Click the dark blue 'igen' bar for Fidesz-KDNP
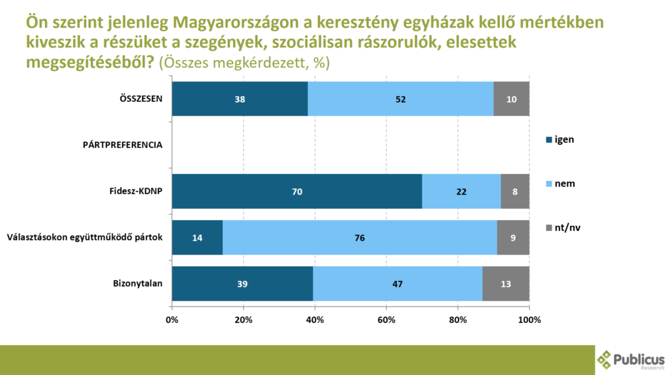[297, 191]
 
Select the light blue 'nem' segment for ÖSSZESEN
[401, 99]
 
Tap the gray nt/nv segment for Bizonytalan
[506, 284]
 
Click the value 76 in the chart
[360, 238]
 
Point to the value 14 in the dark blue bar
[197, 238]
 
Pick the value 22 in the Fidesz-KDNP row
[461, 191]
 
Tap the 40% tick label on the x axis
[315, 320]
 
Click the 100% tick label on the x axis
[529, 320]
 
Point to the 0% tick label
[172, 320]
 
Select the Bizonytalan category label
[137, 283]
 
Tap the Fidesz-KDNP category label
[135, 191]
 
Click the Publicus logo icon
[606, 360]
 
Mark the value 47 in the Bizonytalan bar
[397, 284]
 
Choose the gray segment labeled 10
[511, 99]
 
